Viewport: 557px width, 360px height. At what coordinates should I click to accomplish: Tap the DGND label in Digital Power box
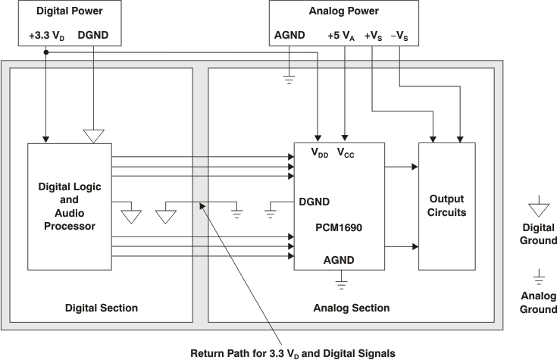point(93,36)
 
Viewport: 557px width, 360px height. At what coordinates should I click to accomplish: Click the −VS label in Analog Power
point(400,36)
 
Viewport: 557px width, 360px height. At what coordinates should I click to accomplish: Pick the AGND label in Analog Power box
point(289,36)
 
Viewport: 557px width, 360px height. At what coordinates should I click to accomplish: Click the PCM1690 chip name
point(341,226)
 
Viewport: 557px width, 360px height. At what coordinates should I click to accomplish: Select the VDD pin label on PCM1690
point(320,152)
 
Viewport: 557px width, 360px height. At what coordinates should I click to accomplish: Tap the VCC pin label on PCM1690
point(346,152)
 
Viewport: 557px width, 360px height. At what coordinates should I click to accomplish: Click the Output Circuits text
point(447,205)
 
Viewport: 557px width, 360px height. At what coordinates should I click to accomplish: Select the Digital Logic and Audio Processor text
point(70,205)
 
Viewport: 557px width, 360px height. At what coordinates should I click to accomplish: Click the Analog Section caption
point(352,308)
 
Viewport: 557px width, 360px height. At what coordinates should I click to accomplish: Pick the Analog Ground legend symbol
point(538,277)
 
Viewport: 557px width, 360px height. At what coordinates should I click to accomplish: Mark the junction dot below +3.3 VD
point(47,52)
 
